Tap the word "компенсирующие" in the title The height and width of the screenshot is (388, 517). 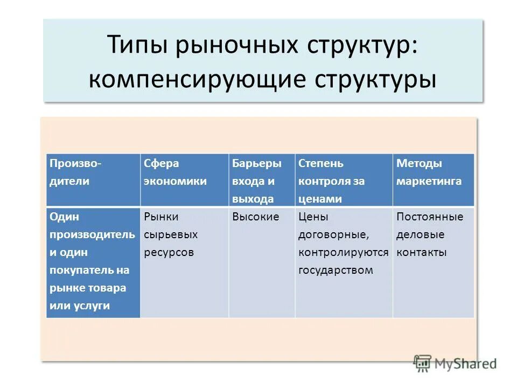point(193,79)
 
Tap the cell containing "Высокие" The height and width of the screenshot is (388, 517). point(256,217)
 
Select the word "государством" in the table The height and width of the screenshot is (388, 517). point(336,271)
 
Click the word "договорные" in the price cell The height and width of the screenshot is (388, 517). point(334,235)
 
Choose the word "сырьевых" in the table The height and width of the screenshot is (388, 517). point(171,235)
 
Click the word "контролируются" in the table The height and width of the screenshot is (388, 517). point(343,253)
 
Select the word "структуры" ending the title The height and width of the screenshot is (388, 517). point(375,79)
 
